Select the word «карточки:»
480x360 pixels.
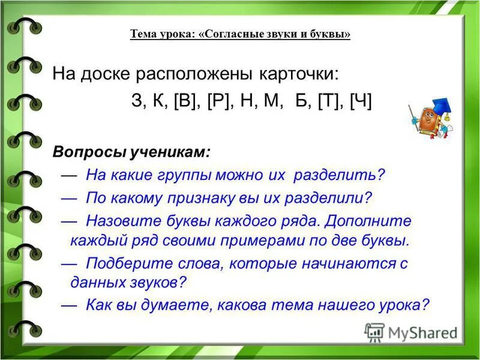(x=299, y=74)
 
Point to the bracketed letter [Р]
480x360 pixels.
(x=219, y=101)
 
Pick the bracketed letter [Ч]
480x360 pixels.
(x=361, y=101)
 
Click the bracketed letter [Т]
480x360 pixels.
(x=328, y=101)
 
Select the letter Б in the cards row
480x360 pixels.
(x=300, y=101)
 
